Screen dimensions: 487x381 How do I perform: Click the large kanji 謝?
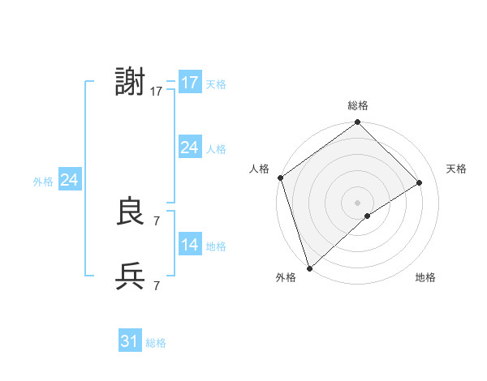click(x=131, y=83)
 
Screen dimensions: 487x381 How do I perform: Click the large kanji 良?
click(x=131, y=212)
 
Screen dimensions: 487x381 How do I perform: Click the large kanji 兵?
click(x=131, y=276)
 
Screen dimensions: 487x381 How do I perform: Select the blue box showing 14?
click(x=190, y=245)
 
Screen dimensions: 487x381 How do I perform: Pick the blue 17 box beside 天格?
click(x=190, y=83)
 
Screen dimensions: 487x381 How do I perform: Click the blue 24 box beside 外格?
click(x=70, y=180)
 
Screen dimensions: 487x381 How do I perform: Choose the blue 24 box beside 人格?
click(x=190, y=148)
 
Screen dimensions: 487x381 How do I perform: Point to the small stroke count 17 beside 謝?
click(x=157, y=92)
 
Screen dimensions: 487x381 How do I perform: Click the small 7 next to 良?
click(x=156, y=220)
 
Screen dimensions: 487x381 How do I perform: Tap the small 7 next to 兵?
click(x=156, y=285)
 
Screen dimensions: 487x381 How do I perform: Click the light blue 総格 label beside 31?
click(x=156, y=343)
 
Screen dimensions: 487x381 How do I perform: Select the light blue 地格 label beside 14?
click(x=216, y=246)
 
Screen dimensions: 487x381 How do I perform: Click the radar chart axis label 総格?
click(x=358, y=105)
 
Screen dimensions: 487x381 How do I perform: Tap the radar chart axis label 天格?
click(x=456, y=169)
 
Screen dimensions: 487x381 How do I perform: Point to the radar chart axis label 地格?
click(x=425, y=278)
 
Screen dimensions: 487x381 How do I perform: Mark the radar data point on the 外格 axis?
click(x=308, y=268)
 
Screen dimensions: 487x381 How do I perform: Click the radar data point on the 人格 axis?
click(x=280, y=178)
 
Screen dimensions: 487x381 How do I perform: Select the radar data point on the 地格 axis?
click(x=368, y=216)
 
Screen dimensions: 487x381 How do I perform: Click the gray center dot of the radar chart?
click(x=357, y=202)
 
